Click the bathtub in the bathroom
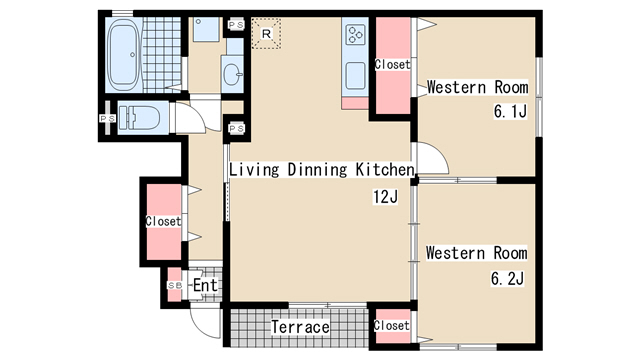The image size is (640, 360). pyautogui.click(x=124, y=54)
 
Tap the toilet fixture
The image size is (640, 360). pyautogui.click(x=139, y=118)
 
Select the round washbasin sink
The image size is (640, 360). pyautogui.click(x=232, y=74)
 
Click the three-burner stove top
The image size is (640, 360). pyautogui.click(x=355, y=35)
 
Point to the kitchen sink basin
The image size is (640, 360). pyautogui.click(x=355, y=76)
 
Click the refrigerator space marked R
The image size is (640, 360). pyautogui.click(x=266, y=33)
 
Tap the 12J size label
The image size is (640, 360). pyautogui.click(x=385, y=197)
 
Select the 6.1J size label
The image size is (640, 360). pyautogui.click(x=510, y=111)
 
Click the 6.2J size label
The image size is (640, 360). pyautogui.click(x=507, y=279)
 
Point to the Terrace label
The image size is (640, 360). pyautogui.click(x=300, y=327)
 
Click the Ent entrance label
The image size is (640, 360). pyautogui.click(x=205, y=285)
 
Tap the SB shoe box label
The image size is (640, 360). pyautogui.click(x=175, y=285)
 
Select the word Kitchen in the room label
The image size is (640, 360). pyautogui.click(x=385, y=169)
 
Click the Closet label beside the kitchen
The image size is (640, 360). pyautogui.click(x=392, y=64)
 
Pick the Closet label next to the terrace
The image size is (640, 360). pyautogui.click(x=391, y=325)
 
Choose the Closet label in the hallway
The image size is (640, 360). pyautogui.click(x=163, y=221)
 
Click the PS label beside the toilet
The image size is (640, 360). pyautogui.click(x=107, y=118)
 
